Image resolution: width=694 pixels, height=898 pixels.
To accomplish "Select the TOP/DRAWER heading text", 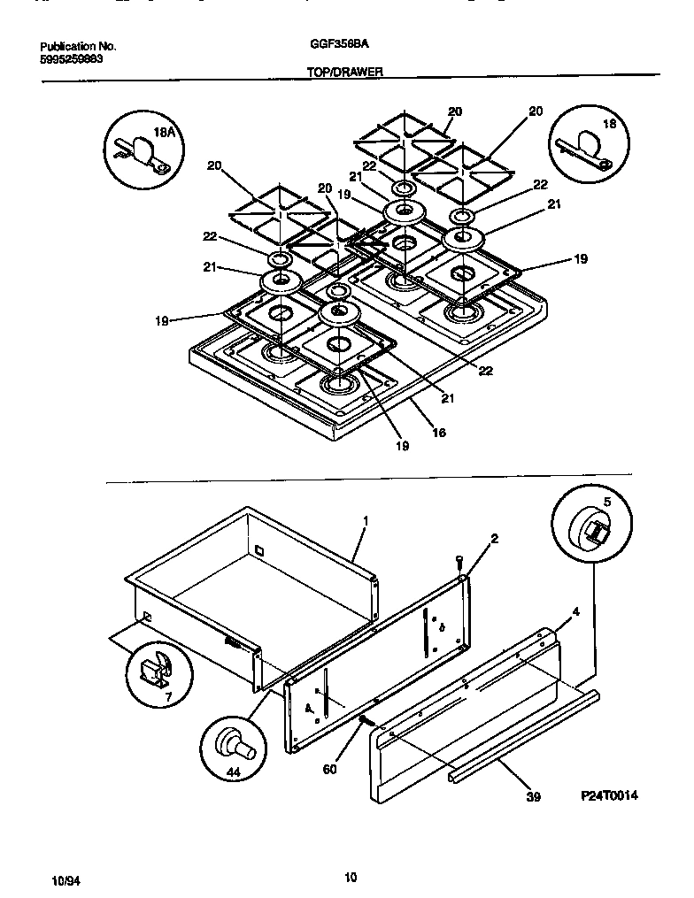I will tap(344, 74).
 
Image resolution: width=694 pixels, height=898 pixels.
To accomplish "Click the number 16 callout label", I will tap(439, 433).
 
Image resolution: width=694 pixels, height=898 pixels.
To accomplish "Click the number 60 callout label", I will tap(330, 770).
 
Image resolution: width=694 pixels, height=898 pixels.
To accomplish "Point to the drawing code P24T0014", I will tap(609, 796).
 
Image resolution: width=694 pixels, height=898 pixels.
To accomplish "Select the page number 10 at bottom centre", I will tap(351, 878).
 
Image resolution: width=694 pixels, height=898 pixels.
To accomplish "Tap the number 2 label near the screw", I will tap(495, 539).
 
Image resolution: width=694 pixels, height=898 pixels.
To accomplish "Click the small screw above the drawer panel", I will tap(459, 561).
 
